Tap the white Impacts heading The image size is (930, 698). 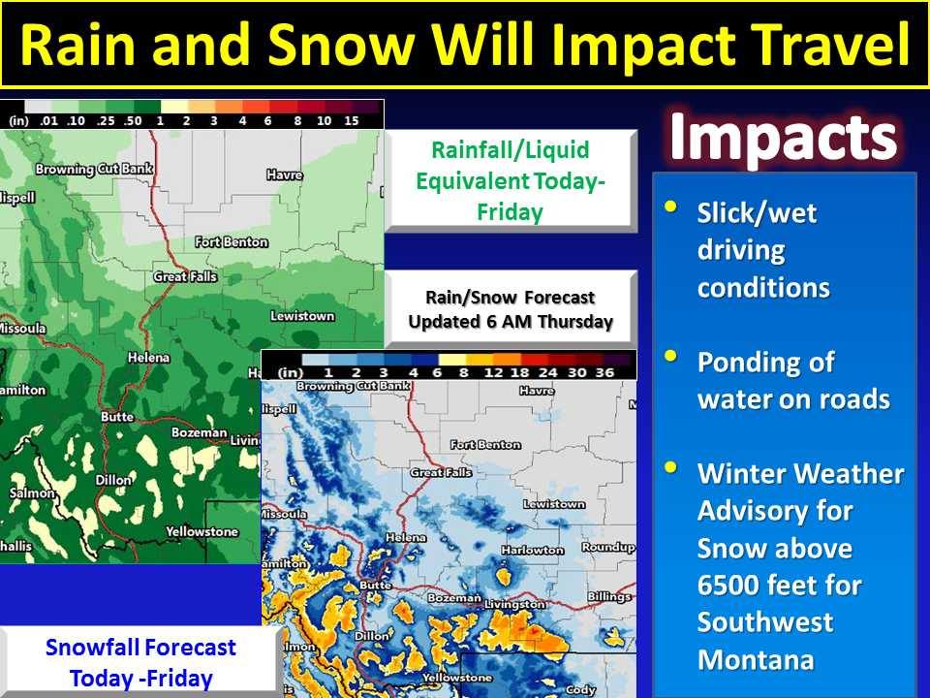(x=783, y=137)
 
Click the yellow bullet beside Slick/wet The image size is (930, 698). (x=670, y=206)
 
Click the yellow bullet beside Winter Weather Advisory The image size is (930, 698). (x=670, y=467)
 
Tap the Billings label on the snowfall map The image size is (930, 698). (x=609, y=596)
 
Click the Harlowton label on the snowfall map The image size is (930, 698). (x=532, y=551)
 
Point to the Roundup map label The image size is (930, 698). (x=608, y=547)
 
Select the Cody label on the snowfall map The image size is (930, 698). (x=580, y=689)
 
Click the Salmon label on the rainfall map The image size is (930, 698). (x=31, y=492)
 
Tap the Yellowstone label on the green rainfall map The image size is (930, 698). (x=201, y=532)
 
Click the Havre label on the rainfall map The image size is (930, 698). (x=285, y=174)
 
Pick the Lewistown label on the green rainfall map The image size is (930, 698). (x=302, y=316)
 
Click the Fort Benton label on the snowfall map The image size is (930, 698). (x=485, y=445)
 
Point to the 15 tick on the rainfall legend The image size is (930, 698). (x=351, y=120)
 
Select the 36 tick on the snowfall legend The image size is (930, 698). (x=604, y=372)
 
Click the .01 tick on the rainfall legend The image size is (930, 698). (x=48, y=120)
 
